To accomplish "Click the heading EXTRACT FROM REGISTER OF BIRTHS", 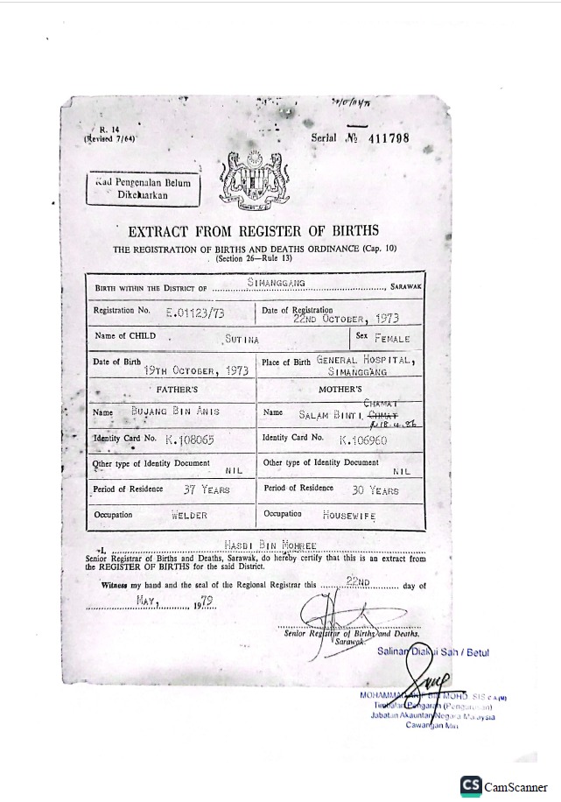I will (254, 232).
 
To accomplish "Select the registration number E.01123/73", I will (193, 310).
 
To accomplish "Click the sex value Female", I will (391, 337).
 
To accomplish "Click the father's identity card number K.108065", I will (189, 439).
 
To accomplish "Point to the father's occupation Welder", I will (189, 516).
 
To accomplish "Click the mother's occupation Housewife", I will (349, 516).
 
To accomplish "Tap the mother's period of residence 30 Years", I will (375, 490).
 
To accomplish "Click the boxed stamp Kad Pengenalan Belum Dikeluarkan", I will (142, 188).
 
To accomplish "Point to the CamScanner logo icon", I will (471, 785).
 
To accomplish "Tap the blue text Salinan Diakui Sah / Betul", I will (433, 652).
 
